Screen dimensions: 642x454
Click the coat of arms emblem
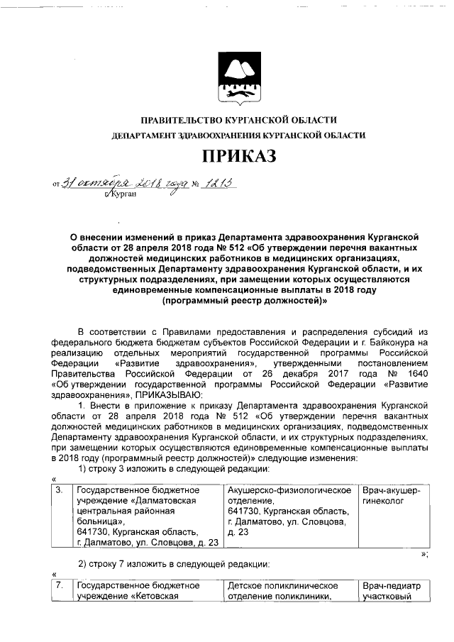237,76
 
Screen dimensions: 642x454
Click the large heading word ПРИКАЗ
238,155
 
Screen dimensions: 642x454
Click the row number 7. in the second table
60,587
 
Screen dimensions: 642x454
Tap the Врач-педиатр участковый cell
391,592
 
